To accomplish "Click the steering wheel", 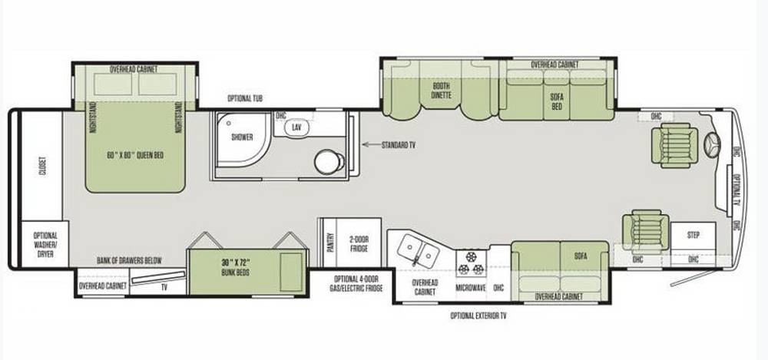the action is (x=712, y=145).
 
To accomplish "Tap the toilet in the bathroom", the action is (x=329, y=162).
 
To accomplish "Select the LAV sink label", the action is (x=296, y=127).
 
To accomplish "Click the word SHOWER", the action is (x=242, y=137).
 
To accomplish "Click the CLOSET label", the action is (x=41, y=167).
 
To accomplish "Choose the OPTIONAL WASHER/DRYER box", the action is (x=45, y=244).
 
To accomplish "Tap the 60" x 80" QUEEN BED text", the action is (x=135, y=155).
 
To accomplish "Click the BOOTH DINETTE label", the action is (x=441, y=90).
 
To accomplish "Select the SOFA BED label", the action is (x=556, y=101).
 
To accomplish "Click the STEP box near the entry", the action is (x=693, y=236).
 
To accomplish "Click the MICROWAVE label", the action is (x=471, y=288).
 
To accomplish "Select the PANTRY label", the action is (x=329, y=242).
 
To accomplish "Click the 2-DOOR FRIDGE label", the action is (x=359, y=243).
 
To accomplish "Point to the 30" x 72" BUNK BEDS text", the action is (x=235, y=267).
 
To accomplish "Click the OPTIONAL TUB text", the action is (x=245, y=98).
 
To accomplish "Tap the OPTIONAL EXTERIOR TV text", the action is (x=478, y=316).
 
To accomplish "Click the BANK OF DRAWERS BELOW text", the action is (x=129, y=260).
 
